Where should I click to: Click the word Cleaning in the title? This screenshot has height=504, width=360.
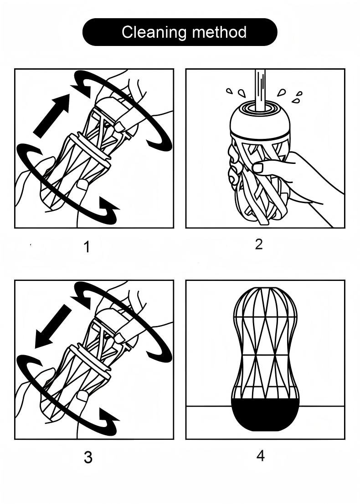click(x=154, y=33)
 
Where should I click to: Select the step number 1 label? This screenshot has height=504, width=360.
click(x=87, y=247)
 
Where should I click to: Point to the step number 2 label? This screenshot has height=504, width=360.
click(x=259, y=244)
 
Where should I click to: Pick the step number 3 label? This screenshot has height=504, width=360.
click(x=88, y=458)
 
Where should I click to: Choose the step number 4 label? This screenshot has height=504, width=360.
click(x=261, y=455)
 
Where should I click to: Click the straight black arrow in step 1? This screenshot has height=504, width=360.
click(x=51, y=116)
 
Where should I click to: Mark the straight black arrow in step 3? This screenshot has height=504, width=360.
click(x=53, y=326)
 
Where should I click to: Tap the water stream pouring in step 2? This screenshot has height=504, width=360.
click(x=260, y=90)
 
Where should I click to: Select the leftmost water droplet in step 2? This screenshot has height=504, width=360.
click(x=229, y=91)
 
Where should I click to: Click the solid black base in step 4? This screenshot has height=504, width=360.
click(x=265, y=415)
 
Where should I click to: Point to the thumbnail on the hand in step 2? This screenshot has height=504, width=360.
click(x=258, y=168)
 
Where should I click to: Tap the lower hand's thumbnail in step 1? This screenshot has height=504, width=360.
click(x=82, y=184)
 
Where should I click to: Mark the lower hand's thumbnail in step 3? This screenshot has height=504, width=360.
click(x=82, y=396)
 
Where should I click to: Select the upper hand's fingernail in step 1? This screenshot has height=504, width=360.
click(x=120, y=127)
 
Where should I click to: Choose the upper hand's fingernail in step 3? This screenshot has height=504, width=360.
click(x=120, y=338)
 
